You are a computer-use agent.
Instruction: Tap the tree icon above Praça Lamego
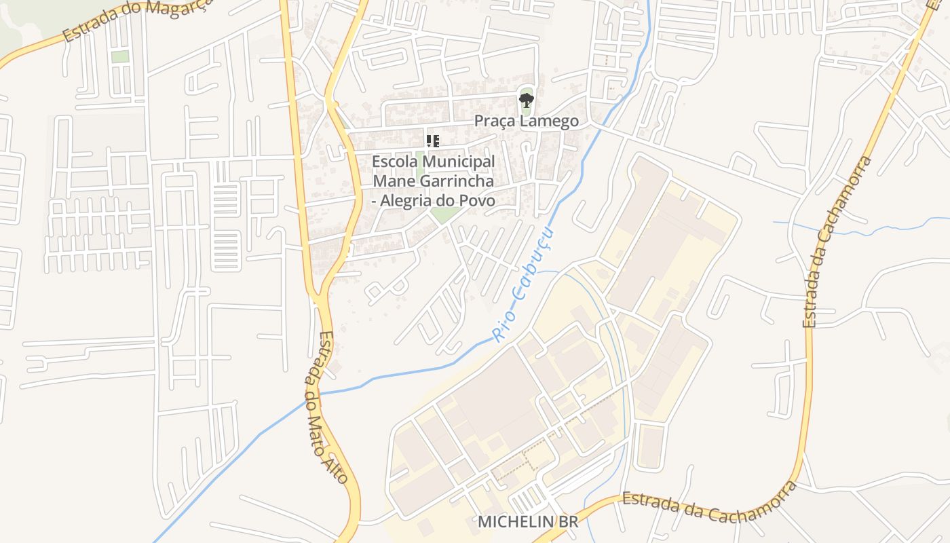coord(526,101)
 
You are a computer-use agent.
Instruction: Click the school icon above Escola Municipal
coord(432,141)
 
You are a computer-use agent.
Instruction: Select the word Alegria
coord(406,201)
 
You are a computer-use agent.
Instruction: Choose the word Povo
coord(479,201)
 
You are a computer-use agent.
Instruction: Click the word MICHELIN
coord(509,522)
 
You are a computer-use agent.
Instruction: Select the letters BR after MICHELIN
coord(569,522)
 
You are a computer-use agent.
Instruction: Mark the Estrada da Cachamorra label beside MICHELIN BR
coord(709,505)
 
